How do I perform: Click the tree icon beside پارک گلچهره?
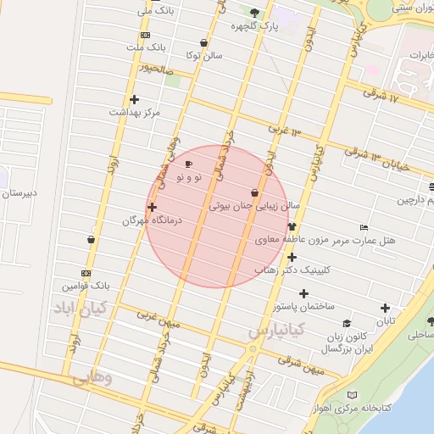pyautogui.click(x=255, y=13)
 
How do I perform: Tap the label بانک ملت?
pyautogui.click(x=146, y=48)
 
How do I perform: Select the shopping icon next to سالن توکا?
pyautogui.click(x=203, y=42)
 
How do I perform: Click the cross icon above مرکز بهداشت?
pyautogui.click(x=134, y=99)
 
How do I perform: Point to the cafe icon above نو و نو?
pyautogui.click(x=188, y=164)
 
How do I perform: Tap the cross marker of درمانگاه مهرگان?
pyautogui.click(x=152, y=207)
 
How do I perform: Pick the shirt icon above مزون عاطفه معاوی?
pyautogui.click(x=292, y=227)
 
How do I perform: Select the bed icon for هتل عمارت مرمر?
pyautogui.click(x=364, y=228)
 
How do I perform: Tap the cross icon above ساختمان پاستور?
pyautogui.click(x=303, y=293)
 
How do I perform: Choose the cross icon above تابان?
pyautogui.click(x=386, y=309)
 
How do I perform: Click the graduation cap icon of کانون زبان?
pyautogui.click(x=347, y=323)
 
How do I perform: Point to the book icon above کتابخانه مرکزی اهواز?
pyautogui.click(x=353, y=395)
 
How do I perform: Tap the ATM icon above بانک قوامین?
pyautogui.click(x=86, y=273)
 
